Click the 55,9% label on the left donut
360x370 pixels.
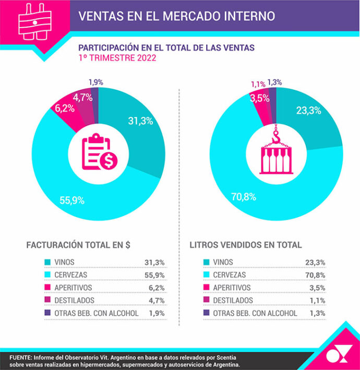click(x=73, y=200)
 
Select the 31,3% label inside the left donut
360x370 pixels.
click(x=140, y=121)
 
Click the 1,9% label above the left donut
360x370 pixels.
click(x=95, y=82)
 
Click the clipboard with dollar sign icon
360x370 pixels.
click(x=99, y=153)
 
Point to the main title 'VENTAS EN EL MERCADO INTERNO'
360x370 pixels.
click(x=176, y=16)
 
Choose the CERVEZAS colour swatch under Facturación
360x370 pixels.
click(x=48, y=274)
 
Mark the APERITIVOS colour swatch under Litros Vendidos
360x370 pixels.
click(x=206, y=288)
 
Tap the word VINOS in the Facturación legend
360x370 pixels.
click(x=65, y=262)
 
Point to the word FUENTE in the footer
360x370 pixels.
click(x=22, y=356)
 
